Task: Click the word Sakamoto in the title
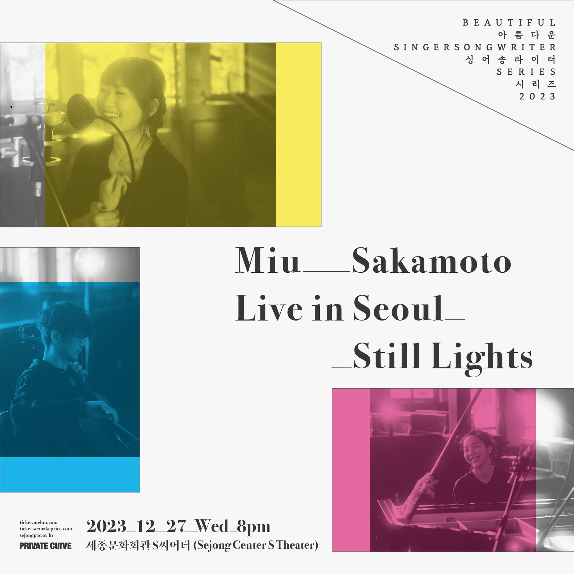tap(431, 260)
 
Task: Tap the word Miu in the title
tap(267, 260)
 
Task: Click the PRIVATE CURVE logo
tap(45, 546)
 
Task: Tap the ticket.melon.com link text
tap(39, 522)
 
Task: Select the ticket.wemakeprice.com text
tap(46, 529)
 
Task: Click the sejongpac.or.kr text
tap(37, 535)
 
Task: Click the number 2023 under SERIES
tap(537, 96)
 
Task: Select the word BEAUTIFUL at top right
tap(509, 23)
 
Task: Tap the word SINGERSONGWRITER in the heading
tap(475, 47)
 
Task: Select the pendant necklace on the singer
tap(120, 162)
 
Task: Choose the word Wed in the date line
tap(212, 526)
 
